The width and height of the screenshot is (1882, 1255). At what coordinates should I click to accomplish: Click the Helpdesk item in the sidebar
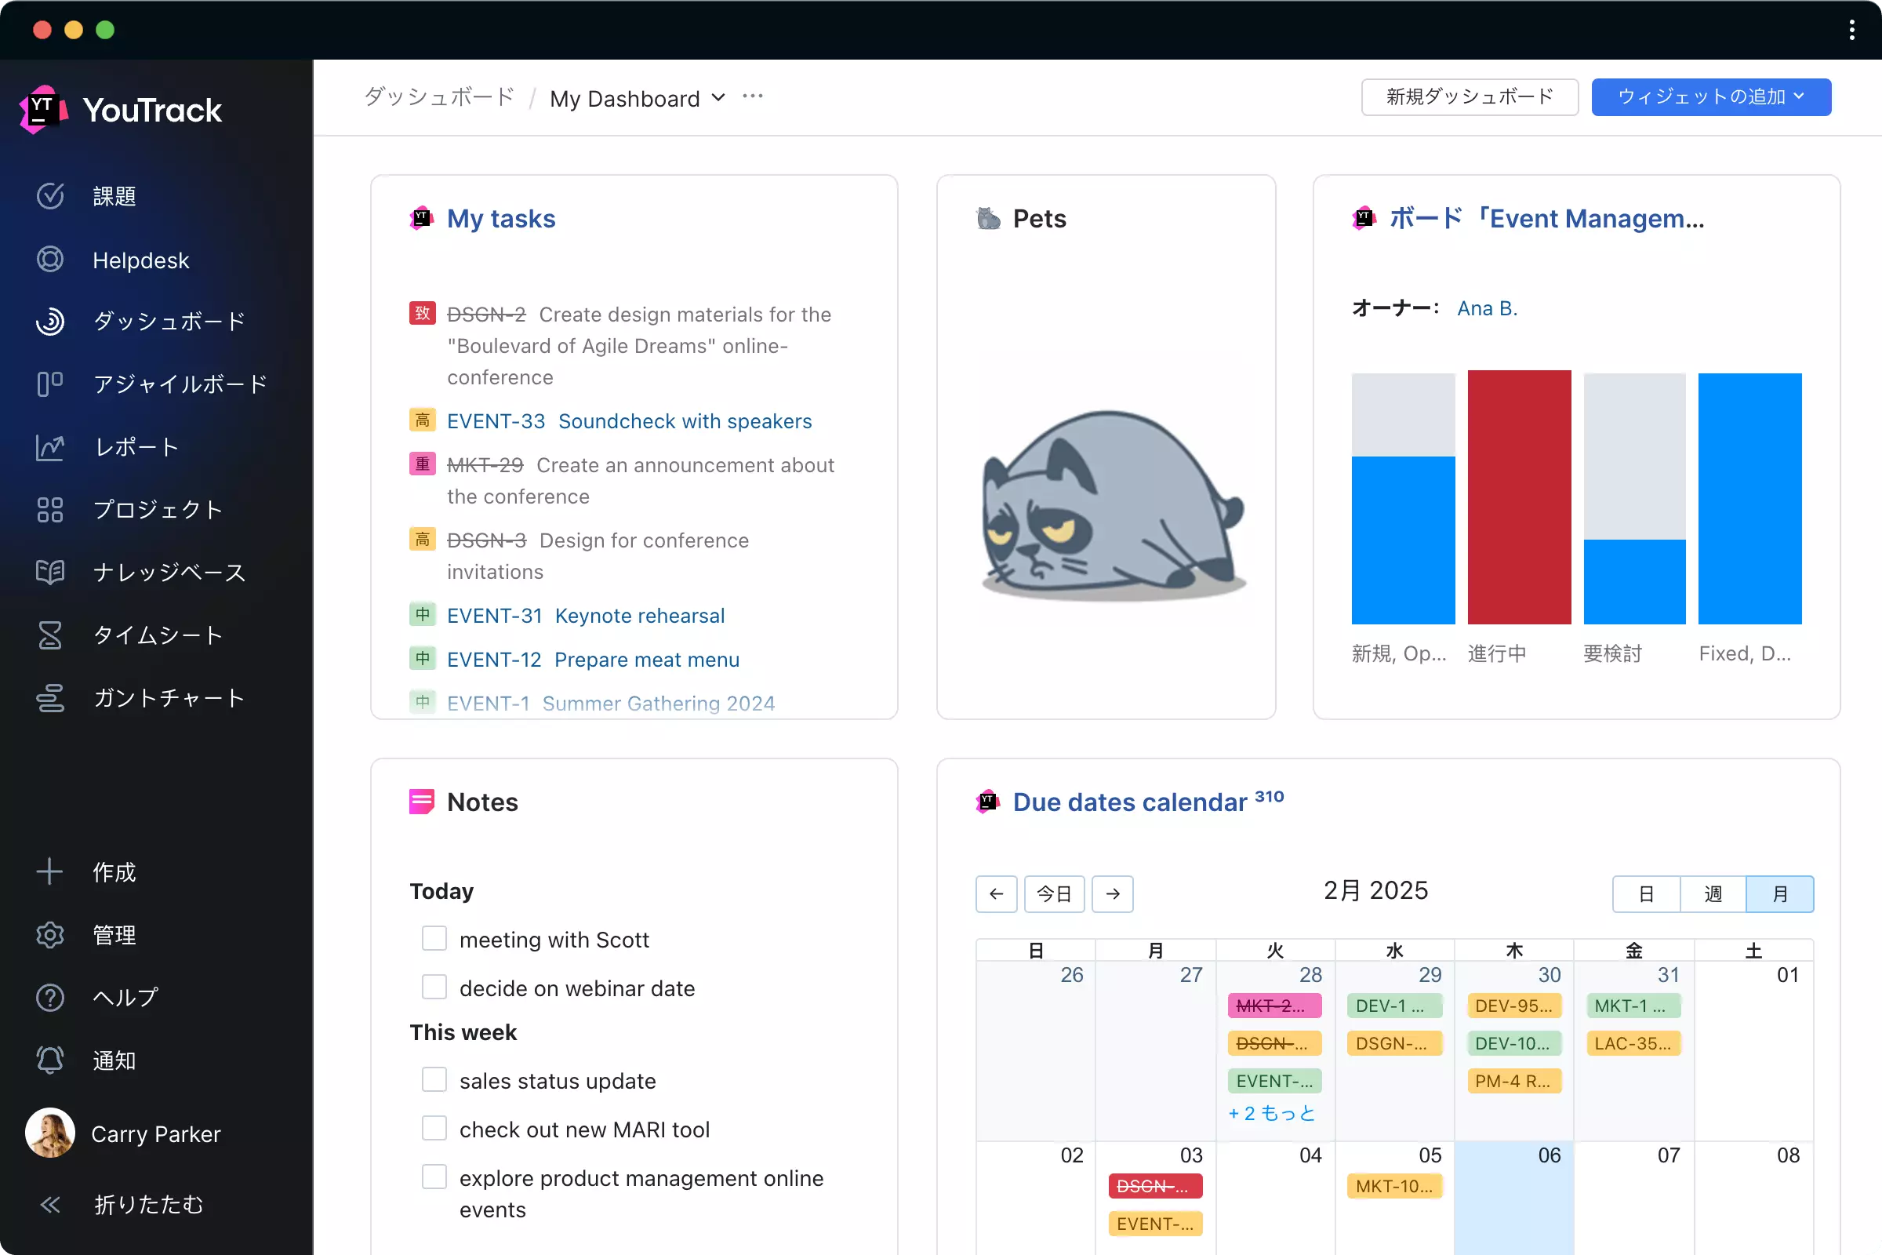(140, 260)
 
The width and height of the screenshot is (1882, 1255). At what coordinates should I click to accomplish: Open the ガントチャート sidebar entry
(168, 698)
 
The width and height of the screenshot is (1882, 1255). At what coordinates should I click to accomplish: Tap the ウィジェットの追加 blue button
(1710, 96)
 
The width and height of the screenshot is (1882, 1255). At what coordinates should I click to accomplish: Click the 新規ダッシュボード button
(1469, 96)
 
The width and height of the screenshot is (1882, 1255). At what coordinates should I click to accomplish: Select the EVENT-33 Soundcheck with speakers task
(629, 421)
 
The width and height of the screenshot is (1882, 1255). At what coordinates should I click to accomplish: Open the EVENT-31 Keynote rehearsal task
(586, 616)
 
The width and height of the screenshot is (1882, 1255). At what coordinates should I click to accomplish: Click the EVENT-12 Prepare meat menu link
(593, 660)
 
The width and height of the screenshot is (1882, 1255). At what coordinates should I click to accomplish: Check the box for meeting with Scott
(434, 938)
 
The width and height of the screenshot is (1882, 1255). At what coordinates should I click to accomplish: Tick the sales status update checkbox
(434, 1080)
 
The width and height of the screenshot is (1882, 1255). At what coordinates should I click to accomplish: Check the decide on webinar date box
(434, 987)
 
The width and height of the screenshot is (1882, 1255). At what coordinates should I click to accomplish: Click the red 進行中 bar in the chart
(1519, 497)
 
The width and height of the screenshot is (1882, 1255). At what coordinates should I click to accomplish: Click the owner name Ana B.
(1487, 308)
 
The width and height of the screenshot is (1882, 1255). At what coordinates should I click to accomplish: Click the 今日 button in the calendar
(1054, 893)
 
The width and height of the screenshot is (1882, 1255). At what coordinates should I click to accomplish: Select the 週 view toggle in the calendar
(1713, 893)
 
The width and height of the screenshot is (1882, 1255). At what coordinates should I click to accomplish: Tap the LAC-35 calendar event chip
(1633, 1043)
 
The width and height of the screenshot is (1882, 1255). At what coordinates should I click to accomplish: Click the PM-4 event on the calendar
(1513, 1081)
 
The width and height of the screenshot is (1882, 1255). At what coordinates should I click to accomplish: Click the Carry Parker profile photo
(49, 1133)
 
